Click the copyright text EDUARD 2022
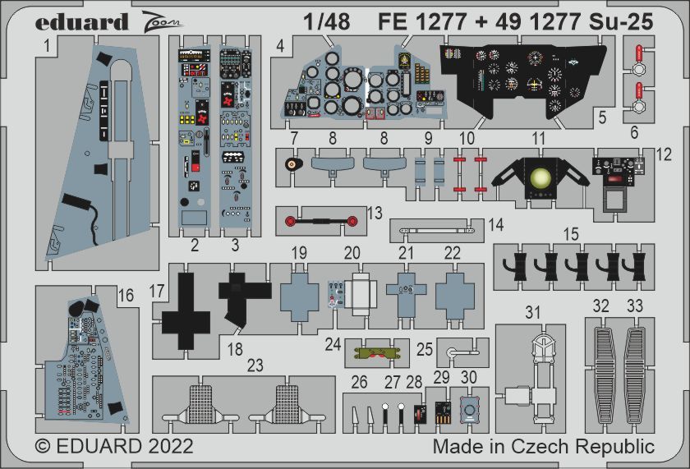coord(114,447)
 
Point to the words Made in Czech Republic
coord(544,447)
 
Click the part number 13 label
coord(375,214)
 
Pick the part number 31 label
coord(534,312)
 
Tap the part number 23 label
coord(255,366)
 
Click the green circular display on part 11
coord(541,177)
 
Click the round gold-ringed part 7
coord(291,165)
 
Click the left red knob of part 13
coord(289,219)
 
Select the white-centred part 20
coord(359,293)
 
